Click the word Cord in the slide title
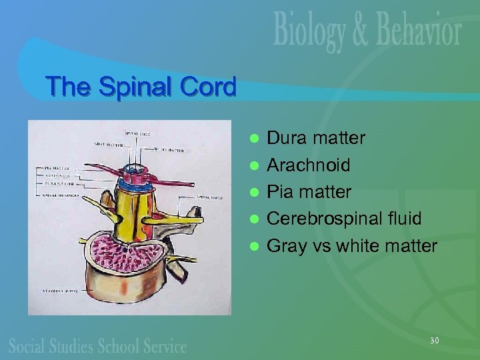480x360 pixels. point(209,87)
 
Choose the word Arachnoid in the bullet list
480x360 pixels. point(308,165)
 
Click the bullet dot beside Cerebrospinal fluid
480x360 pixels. point(253,219)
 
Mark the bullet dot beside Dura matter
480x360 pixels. point(253,139)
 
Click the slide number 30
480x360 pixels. point(435,341)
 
